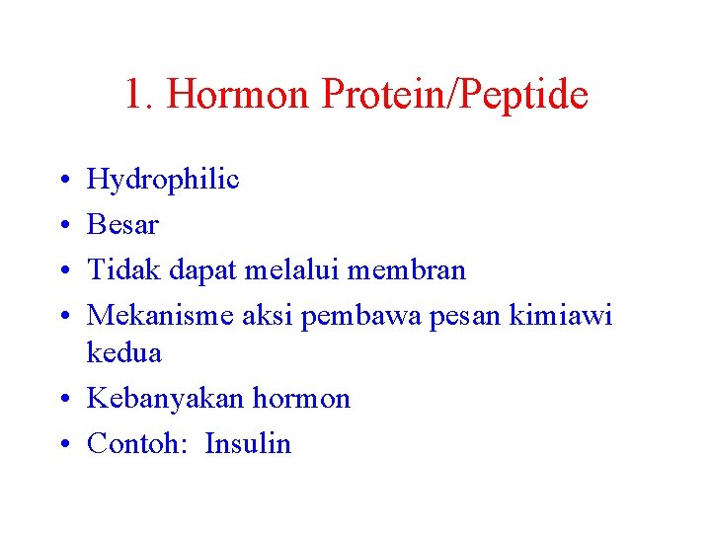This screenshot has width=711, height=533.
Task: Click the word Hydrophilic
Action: (163, 180)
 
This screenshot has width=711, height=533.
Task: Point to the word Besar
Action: (122, 225)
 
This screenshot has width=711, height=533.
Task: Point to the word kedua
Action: (124, 352)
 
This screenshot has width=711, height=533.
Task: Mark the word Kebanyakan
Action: (166, 399)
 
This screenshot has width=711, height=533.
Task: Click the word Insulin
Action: (248, 444)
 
